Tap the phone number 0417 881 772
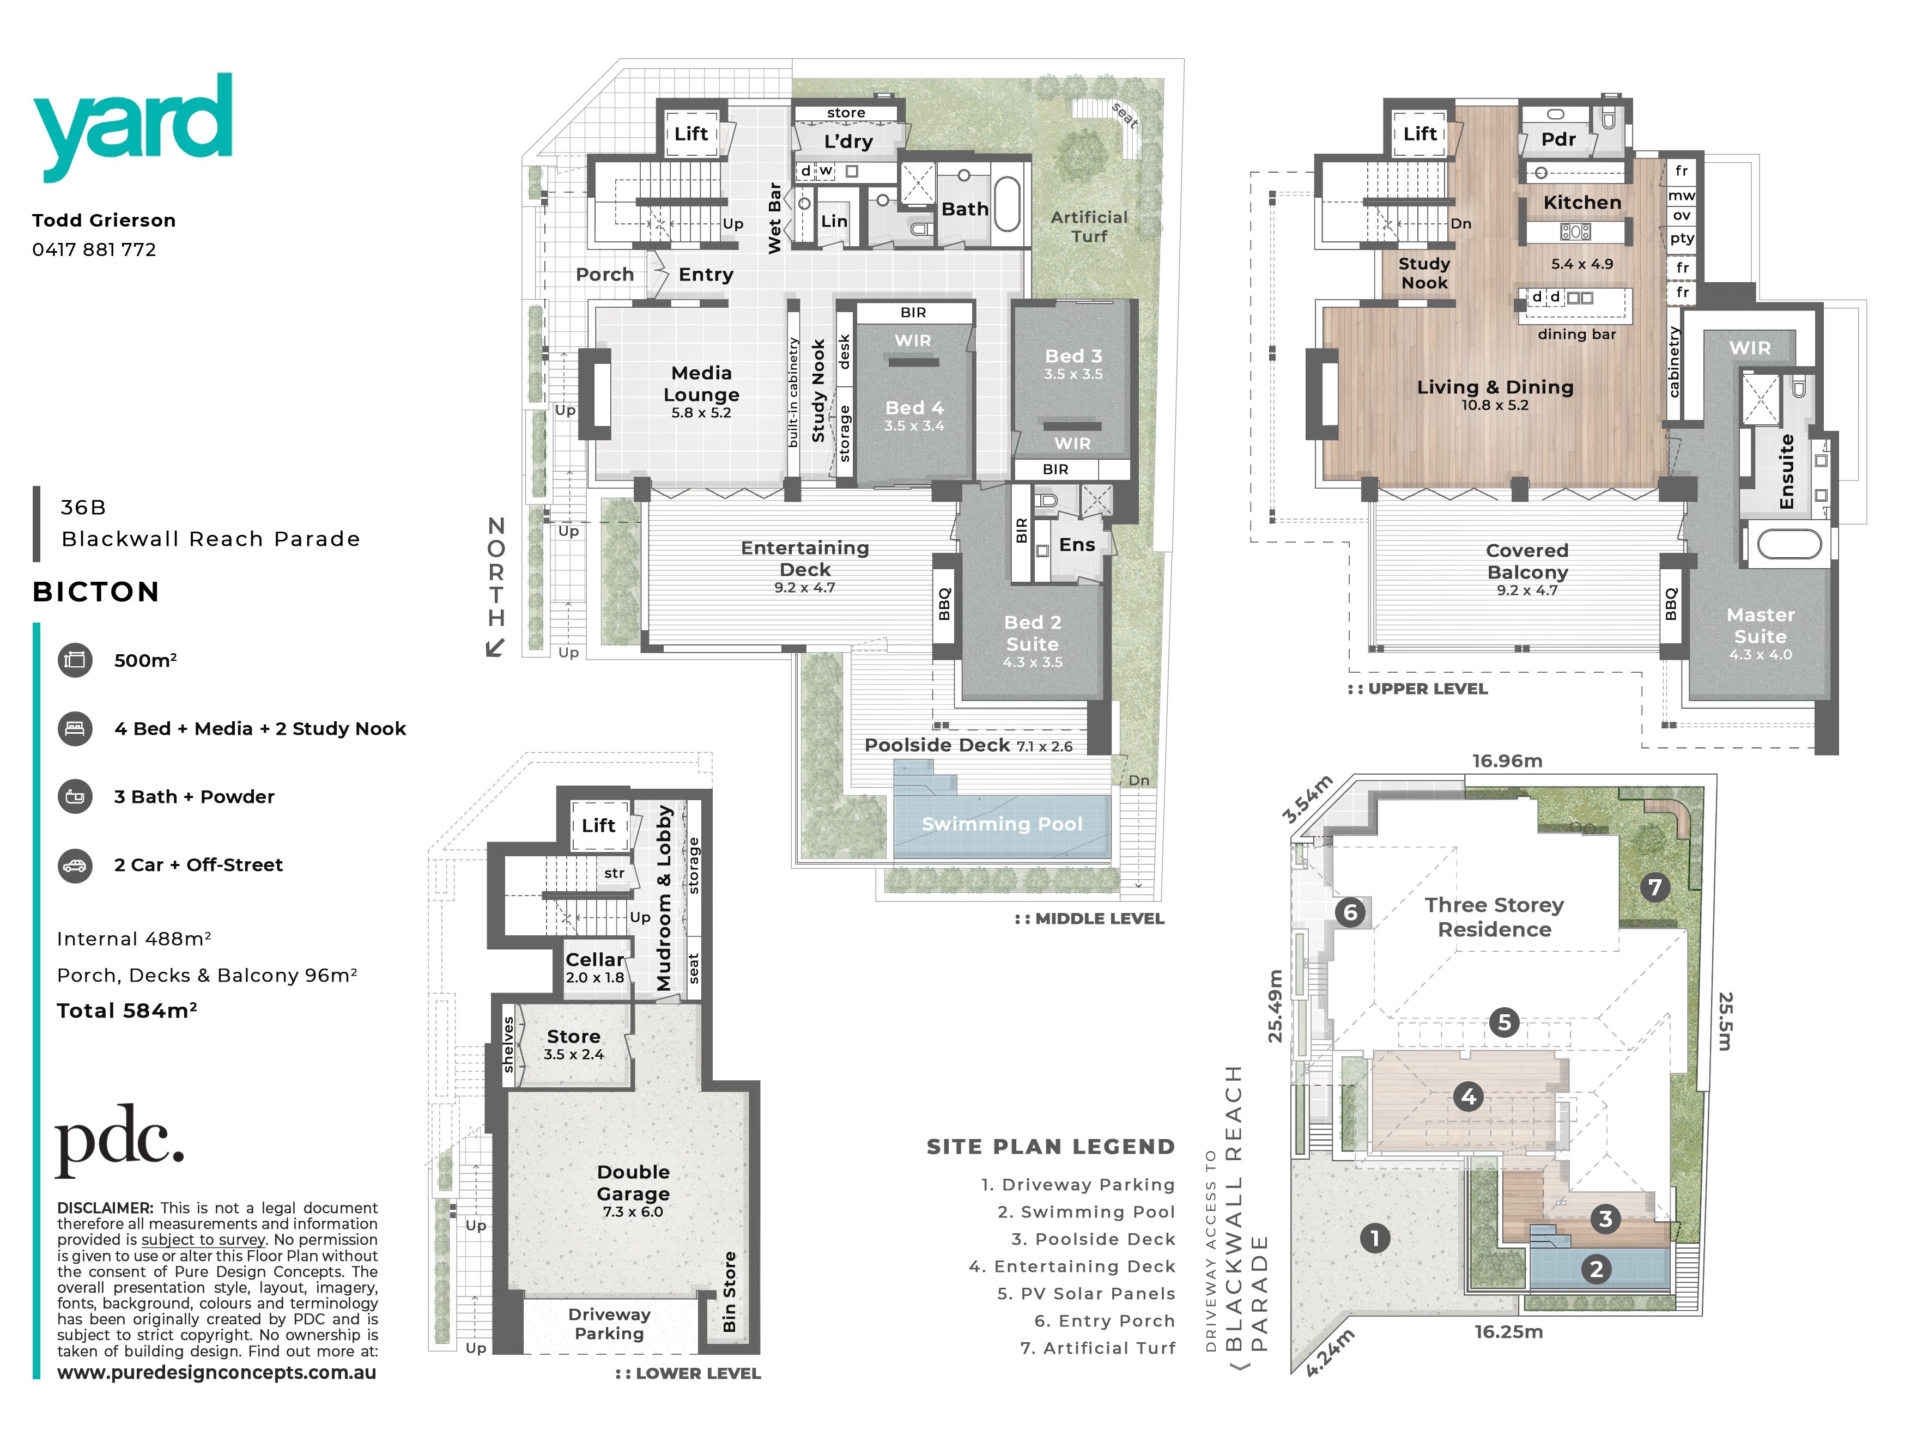click(x=94, y=249)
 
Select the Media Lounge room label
click(x=701, y=383)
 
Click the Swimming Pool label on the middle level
click(x=1002, y=824)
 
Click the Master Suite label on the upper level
click(x=1760, y=625)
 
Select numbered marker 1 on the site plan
click(x=1374, y=1238)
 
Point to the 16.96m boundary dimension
click(x=1507, y=760)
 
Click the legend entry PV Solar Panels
click(x=1086, y=1293)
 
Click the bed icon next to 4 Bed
click(x=75, y=728)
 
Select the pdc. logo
click(x=119, y=1140)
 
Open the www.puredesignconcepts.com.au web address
click(x=217, y=1372)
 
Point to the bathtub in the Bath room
click(x=1007, y=204)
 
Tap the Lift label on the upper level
click(x=1419, y=133)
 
